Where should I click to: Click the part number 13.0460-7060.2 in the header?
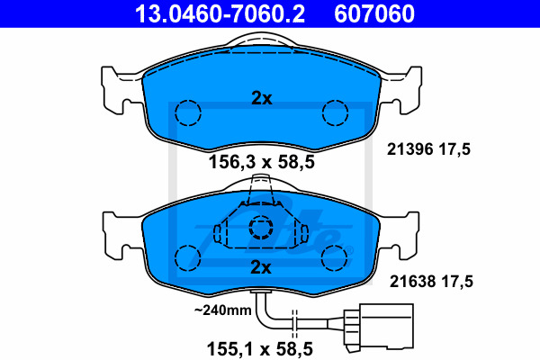tap(220, 13)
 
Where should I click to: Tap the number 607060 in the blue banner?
tap(374, 13)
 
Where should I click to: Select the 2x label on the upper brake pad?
tap(262, 98)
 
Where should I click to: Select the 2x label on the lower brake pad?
tap(261, 267)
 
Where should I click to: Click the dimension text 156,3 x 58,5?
tap(262, 162)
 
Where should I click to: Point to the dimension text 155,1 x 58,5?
tap(260, 349)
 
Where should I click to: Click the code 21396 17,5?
tap(428, 149)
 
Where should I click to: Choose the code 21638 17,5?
tap(431, 282)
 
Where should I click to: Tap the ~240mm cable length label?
tap(223, 310)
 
